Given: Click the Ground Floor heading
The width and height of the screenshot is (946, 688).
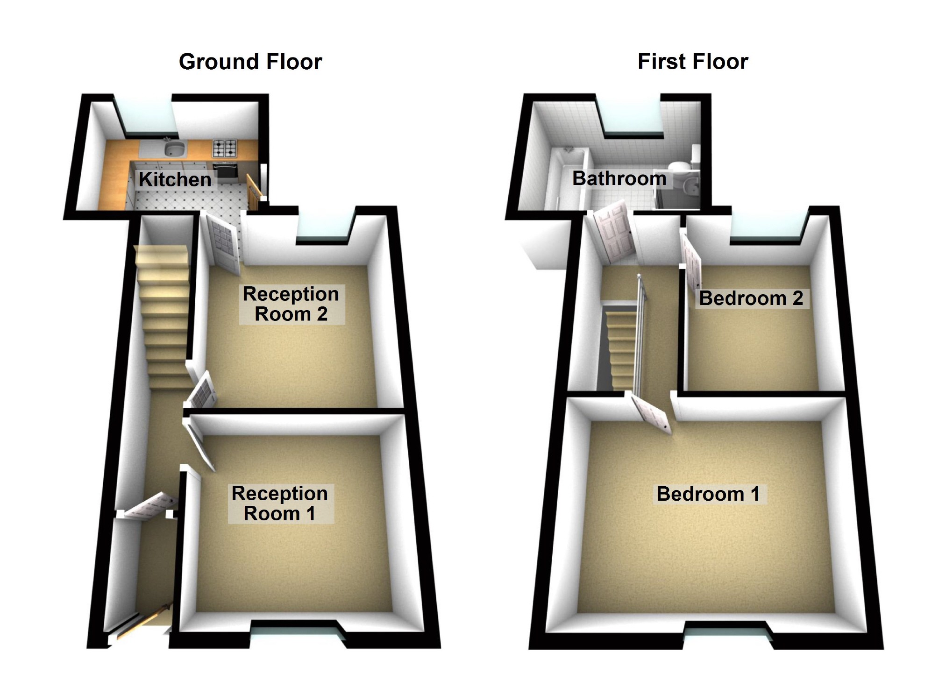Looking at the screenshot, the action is tap(250, 62).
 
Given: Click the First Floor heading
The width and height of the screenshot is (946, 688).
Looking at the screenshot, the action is tap(693, 62).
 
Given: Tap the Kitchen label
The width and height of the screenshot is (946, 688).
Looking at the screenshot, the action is tap(175, 179).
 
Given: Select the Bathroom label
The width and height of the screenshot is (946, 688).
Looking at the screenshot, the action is tap(619, 178).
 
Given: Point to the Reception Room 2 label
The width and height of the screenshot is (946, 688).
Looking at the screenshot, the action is tap(291, 304).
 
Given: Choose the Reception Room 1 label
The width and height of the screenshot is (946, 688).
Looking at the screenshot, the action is tap(280, 504).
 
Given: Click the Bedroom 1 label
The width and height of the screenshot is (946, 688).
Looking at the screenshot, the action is tap(708, 494).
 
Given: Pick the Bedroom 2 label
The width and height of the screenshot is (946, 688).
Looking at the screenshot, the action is tap(751, 298).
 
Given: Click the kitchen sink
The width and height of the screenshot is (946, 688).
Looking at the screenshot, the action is tap(175, 149).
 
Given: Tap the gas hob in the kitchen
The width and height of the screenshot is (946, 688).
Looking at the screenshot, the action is tap(225, 148).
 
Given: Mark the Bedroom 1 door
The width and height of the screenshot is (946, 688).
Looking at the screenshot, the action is tap(651, 414).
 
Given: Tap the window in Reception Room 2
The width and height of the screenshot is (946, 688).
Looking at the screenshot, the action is tap(324, 227).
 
